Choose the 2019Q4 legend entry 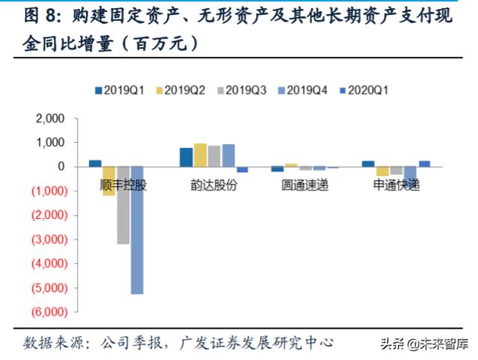point(304,90)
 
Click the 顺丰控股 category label point(122,185)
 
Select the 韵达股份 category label point(214,185)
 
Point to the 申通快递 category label point(396,185)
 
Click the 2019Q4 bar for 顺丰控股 point(137,230)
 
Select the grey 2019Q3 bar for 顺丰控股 point(123,205)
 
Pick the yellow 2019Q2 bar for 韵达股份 point(200,155)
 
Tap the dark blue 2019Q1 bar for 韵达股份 point(186,157)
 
